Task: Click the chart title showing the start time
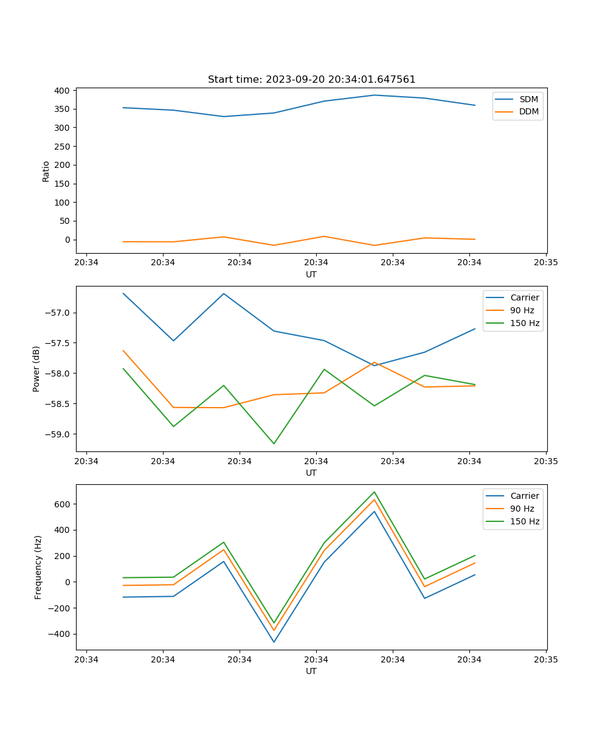pos(311,80)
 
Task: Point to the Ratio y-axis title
pos(46,171)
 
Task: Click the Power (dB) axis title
pos(36,369)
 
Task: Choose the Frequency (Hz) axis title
pos(38,567)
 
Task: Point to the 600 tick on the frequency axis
pos(62,504)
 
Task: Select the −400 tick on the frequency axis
pos(59,634)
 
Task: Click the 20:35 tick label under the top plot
pos(546,263)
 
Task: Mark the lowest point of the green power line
pos(274,443)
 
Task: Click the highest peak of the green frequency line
pos(375,492)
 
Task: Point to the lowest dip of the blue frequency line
pos(274,642)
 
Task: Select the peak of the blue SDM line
pos(375,95)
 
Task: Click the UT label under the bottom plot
pos(311,671)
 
